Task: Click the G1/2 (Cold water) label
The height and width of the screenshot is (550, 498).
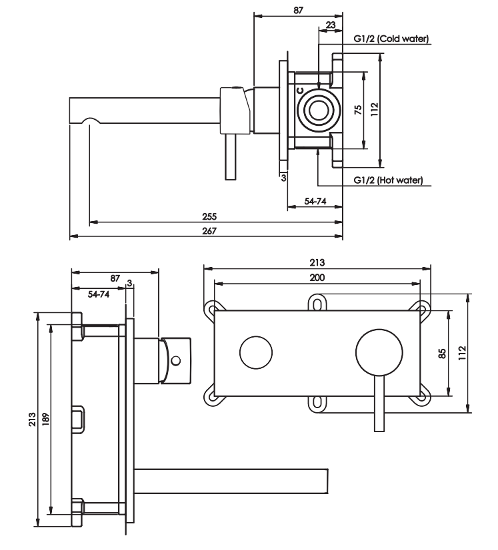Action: pos(391,39)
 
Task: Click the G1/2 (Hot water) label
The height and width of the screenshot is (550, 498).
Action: pos(388,180)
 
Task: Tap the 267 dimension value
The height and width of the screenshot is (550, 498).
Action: pos(209,231)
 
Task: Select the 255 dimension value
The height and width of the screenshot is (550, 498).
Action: pos(209,216)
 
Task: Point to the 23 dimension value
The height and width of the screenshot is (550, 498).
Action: pos(331,25)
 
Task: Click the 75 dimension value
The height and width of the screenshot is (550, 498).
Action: pos(358,110)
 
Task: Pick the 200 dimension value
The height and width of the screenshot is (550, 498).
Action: pos(317,278)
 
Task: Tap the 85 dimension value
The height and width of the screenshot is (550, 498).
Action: pos(442,353)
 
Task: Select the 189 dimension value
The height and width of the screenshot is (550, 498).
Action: pos(45,419)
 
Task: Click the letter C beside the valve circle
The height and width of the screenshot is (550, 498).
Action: pos(299,91)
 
